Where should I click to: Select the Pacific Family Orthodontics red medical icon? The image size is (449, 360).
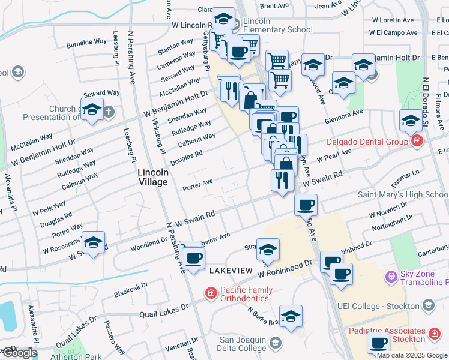pos(211,293)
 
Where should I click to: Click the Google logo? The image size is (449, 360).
pos(19,353)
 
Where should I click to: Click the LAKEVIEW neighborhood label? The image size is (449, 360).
pos(231,271)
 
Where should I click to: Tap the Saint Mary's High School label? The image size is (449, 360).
pos(403,194)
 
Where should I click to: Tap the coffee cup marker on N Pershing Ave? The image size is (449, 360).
pos(193,259)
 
